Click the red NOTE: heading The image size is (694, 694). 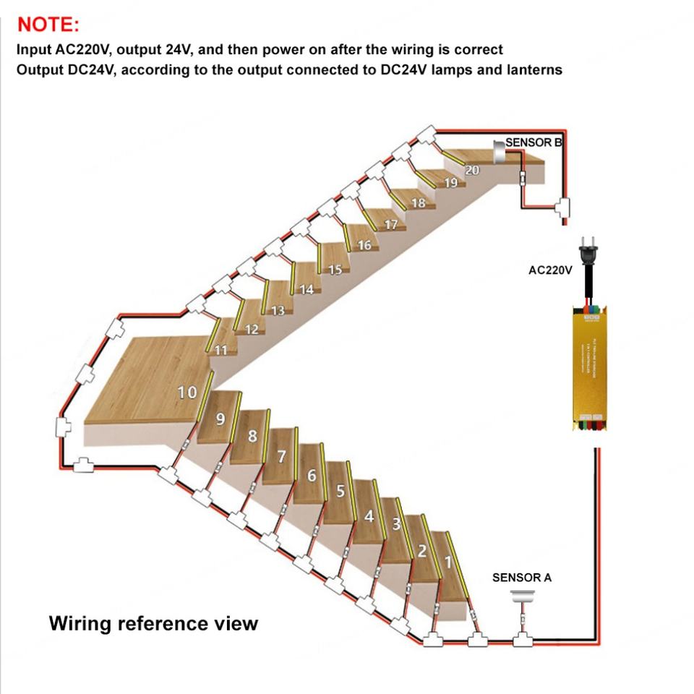(48, 25)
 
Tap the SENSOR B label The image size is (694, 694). (534, 142)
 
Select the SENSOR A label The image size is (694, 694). (521, 578)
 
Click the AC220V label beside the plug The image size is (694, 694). (550, 270)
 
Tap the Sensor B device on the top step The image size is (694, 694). (498, 150)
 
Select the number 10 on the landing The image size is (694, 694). (187, 393)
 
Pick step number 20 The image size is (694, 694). (472, 171)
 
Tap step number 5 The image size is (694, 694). (340, 492)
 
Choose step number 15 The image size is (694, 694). (335, 270)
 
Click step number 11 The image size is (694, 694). (222, 351)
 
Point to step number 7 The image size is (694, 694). (282, 456)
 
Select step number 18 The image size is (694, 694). (419, 204)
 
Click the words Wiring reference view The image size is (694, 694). (153, 622)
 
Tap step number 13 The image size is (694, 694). (278, 311)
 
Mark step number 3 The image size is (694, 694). (396, 525)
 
